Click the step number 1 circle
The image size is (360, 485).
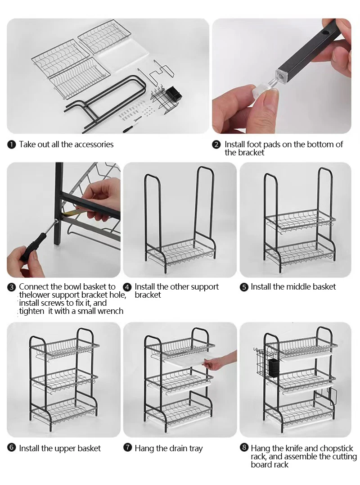[x=11, y=145]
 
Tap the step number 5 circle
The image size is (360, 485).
[x=244, y=287]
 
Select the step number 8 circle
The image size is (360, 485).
[x=244, y=449]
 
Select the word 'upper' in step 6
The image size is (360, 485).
[x=65, y=449]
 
